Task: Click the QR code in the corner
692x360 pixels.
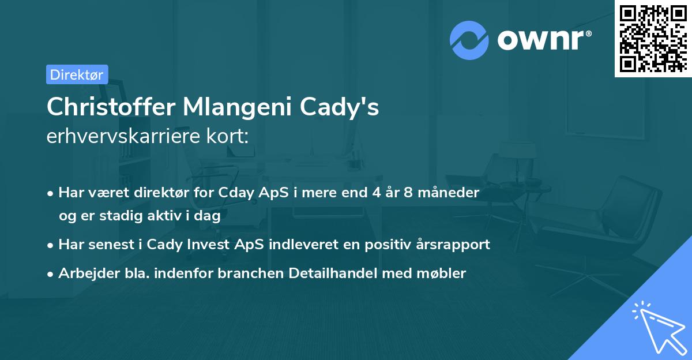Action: click(652, 38)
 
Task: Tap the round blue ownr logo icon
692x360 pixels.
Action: click(469, 40)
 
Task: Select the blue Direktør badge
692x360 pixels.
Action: click(77, 74)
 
